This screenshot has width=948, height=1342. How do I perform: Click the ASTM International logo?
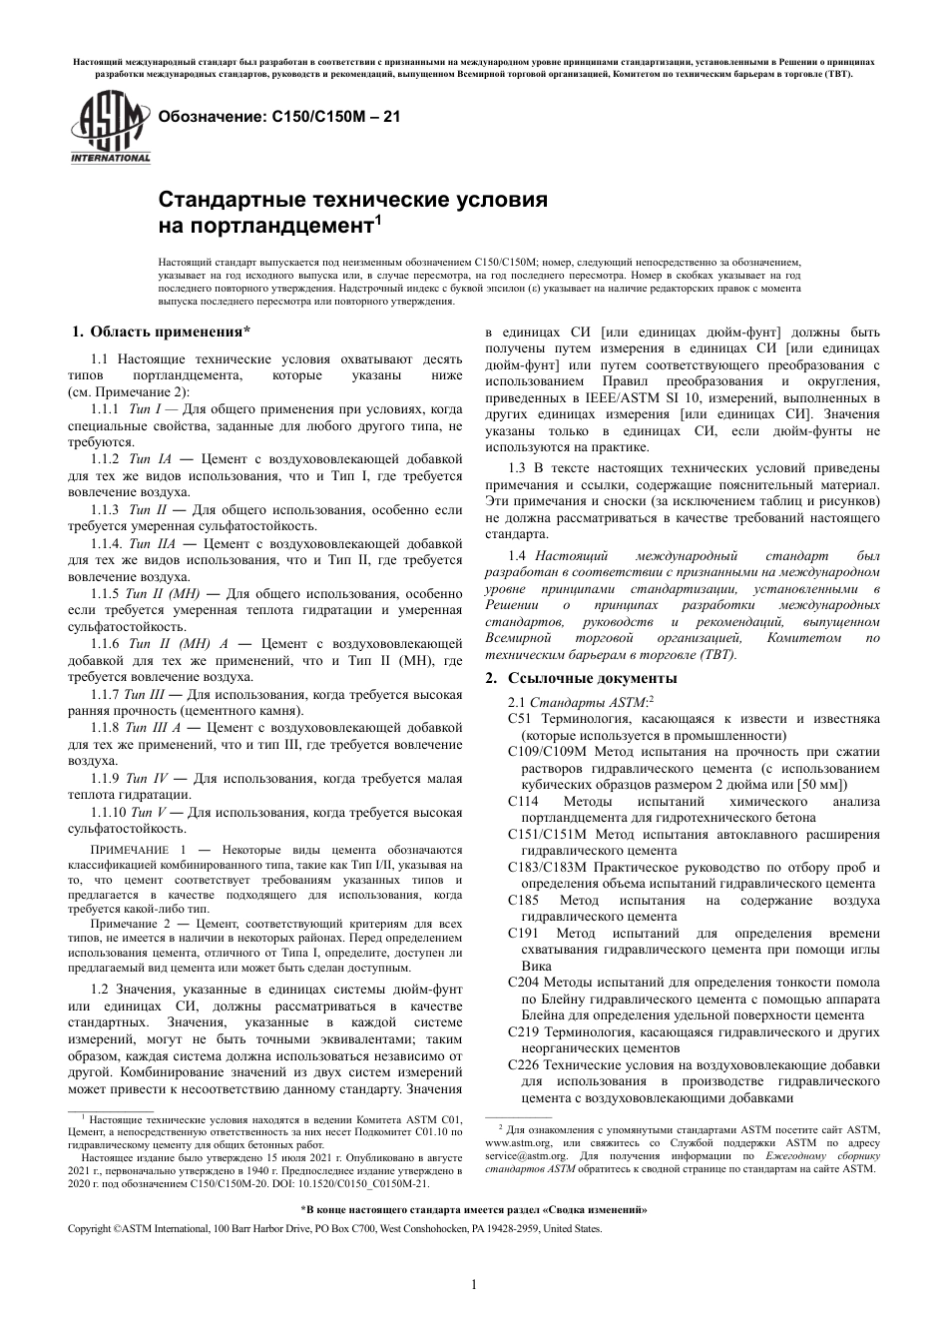[109, 128]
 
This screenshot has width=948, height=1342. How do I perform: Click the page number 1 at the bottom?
[473, 1284]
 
